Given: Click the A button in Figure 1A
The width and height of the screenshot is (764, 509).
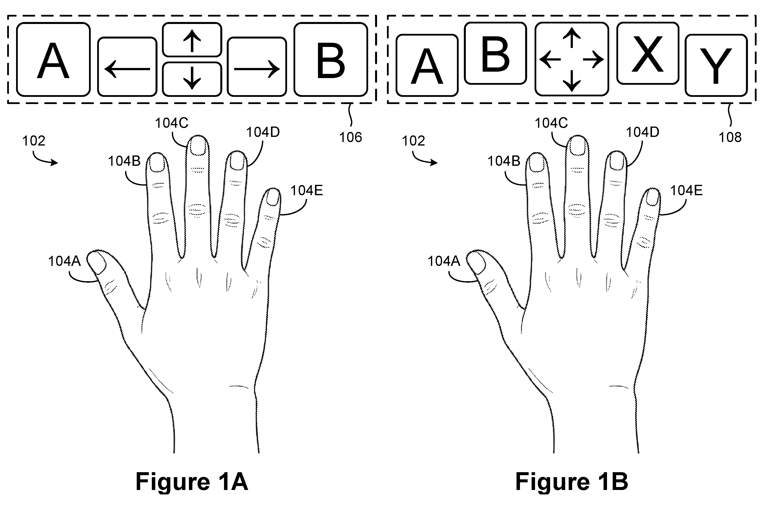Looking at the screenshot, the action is [53, 59].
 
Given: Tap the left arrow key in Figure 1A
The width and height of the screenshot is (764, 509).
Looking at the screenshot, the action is [127, 67].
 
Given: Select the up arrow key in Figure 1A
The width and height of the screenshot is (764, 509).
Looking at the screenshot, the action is [192, 40].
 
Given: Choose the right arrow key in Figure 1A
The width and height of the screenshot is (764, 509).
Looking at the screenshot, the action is [257, 67].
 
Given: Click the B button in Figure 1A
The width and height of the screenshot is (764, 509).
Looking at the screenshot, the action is [331, 59].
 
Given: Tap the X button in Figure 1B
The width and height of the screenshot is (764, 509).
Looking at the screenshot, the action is [648, 53].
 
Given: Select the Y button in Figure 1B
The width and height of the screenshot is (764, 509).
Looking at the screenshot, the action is [716, 65].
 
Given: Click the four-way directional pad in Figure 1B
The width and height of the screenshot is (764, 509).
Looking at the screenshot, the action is [572, 59].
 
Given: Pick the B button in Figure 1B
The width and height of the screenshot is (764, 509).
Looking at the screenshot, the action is [495, 53].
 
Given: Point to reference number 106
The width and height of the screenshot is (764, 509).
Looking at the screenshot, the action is [351, 138].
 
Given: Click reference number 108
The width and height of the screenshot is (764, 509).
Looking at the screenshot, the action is [730, 138].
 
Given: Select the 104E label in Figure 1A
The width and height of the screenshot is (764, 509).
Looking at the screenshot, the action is [307, 191].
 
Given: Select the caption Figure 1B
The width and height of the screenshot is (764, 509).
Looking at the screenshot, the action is [572, 482].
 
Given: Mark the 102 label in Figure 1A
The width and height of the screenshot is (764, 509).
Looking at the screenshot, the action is [34, 141].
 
